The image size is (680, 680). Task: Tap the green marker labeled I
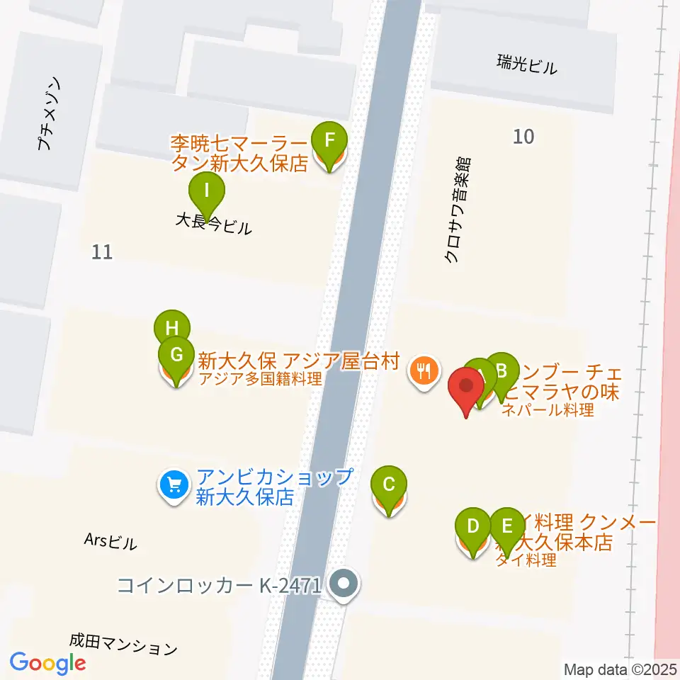pyautogui.click(x=207, y=191)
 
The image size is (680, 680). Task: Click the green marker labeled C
pyautogui.click(x=389, y=485)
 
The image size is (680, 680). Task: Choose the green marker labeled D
pyautogui.click(x=474, y=526)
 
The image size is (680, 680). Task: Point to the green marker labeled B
pyautogui.click(x=502, y=370)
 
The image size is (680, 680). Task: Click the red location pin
pyautogui.click(x=467, y=388)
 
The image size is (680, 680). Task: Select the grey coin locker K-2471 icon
pyautogui.click(x=345, y=585)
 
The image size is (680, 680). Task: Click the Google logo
pyautogui.click(x=47, y=663)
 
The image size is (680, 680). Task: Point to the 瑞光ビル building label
pyautogui.click(x=526, y=67)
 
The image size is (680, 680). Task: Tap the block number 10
pyautogui.click(x=523, y=136)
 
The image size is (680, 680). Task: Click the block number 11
pyautogui.click(x=102, y=251)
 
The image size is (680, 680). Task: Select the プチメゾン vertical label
pyautogui.click(x=50, y=114)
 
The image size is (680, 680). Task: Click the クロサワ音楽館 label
pyautogui.click(x=458, y=210)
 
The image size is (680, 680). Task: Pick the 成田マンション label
pyautogui.click(x=123, y=646)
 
